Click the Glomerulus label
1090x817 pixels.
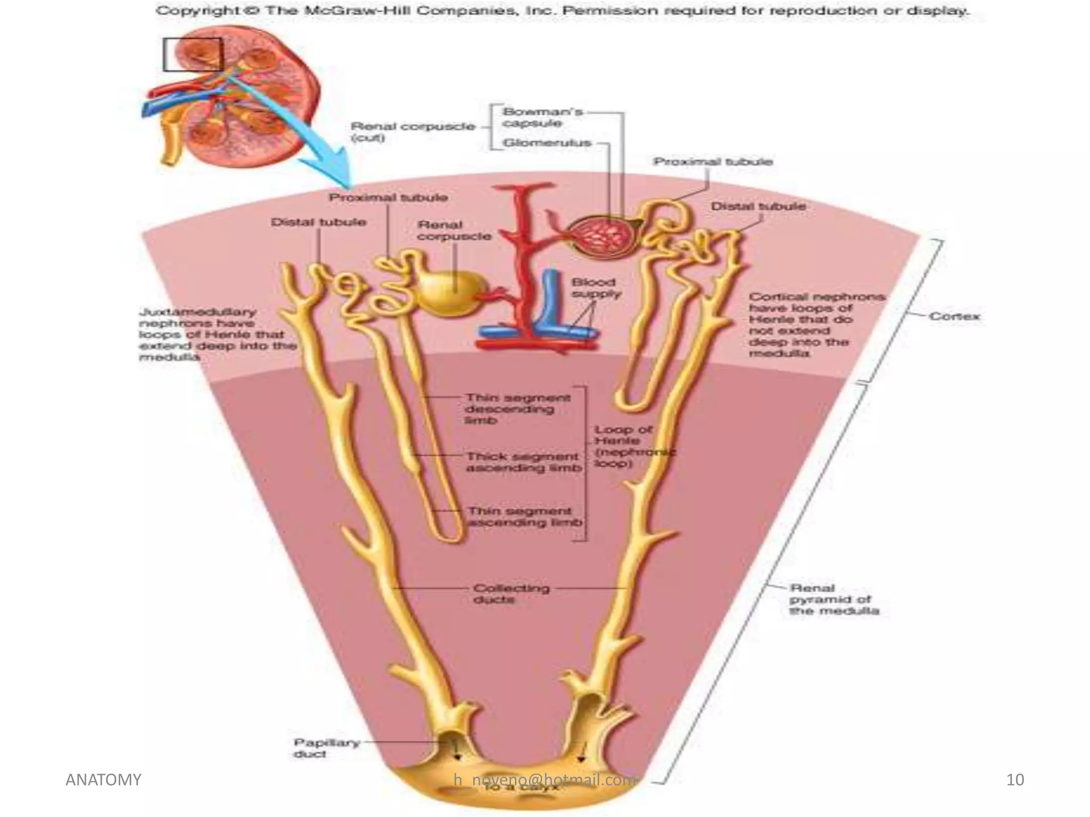point(547,143)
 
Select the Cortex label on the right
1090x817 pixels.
point(954,316)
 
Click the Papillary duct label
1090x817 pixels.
point(326,748)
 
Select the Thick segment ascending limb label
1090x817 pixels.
point(523,462)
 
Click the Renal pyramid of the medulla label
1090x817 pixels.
point(833,599)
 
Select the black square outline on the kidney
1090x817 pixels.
point(192,54)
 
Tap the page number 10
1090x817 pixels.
point(1015,780)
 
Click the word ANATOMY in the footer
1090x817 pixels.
point(103,780)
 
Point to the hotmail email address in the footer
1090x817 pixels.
point(544,780)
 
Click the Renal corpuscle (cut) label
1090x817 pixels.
point(412,131)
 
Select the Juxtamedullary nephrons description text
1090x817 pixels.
point(216,335)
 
